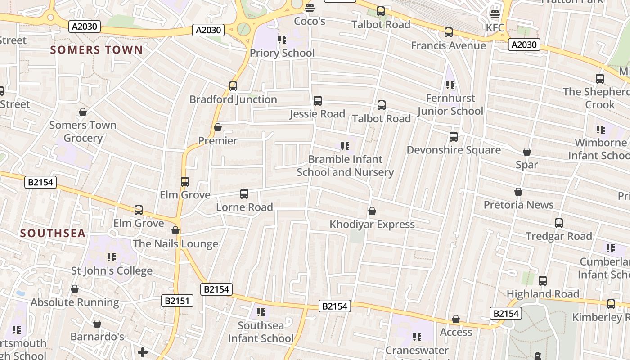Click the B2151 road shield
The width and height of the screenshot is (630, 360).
[x=177, y=301]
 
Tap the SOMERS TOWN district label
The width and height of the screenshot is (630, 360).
[x=97, y=50]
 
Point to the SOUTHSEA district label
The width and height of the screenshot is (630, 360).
[x=53, y=233]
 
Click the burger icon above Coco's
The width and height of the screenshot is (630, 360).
[x=310, y=8]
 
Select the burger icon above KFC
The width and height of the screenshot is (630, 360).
[x=495, y=14]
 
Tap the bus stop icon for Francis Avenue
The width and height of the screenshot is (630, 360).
[x=449, y=32]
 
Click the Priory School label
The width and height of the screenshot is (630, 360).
[x=282, y=53]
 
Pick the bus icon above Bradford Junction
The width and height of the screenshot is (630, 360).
[x=233, y=86]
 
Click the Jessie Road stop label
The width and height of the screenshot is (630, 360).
[x=317, y=114]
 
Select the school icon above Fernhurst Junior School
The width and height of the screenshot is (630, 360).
[x=450, y=85]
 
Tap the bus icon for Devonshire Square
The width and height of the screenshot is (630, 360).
[x=454, y=137]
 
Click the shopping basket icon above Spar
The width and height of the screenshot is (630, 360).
[x=527, y=152]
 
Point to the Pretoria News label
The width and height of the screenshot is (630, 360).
[x=518, y=205]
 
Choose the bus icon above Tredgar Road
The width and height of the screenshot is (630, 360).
[x=559, y=223]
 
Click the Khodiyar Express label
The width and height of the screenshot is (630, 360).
[x=372, y=224]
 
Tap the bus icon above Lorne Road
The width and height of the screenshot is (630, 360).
[x=244, y=194]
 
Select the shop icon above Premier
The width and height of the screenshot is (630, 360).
[x=218, y=128]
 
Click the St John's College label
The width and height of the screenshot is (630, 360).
[x=112, y=271]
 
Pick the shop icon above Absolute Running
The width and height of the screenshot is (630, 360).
[x=75, y=289]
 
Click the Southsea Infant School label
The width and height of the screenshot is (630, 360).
[x=261, y=332]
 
